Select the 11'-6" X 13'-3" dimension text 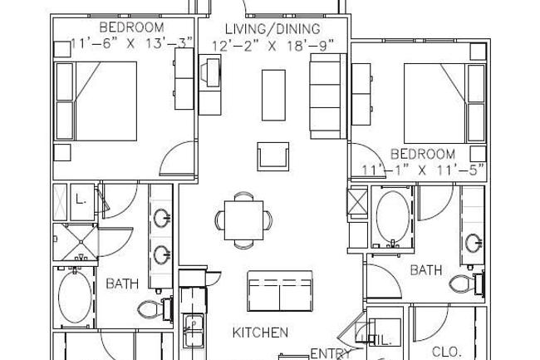[x=132, y=42]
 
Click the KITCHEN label [x=260, y=333]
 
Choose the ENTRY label [x=326, y=353]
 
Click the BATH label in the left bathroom [x=122, y=284]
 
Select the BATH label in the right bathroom [x=426, y=269]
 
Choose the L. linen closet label [x=81, y=200]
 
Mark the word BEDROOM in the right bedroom [x=423, y=155]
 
